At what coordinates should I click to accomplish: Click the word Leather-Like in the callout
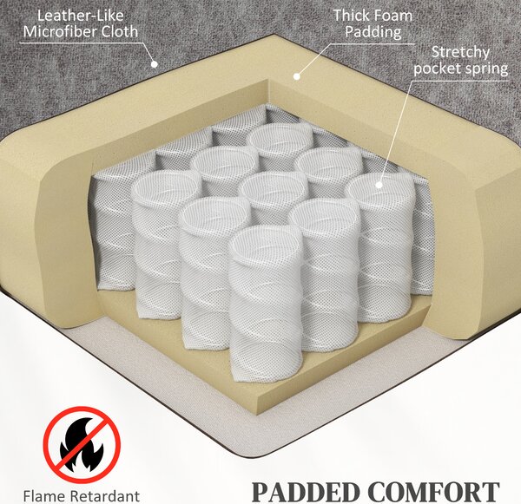pyautogui.click(x=80, y=16)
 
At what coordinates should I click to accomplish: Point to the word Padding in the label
pyautogui.click(x=373, y=33)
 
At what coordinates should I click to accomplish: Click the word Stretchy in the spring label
pyautogui.click(x=460, y=53)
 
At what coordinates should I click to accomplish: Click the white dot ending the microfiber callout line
pyautogui.click(x=155, y=64)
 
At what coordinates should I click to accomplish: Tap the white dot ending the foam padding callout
pyautogui.click(x=297, y=76)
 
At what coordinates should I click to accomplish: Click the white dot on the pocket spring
pyautogui.click(x=379, y=185)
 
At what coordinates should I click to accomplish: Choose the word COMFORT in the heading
pyautogui.click(x=434, y=492)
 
